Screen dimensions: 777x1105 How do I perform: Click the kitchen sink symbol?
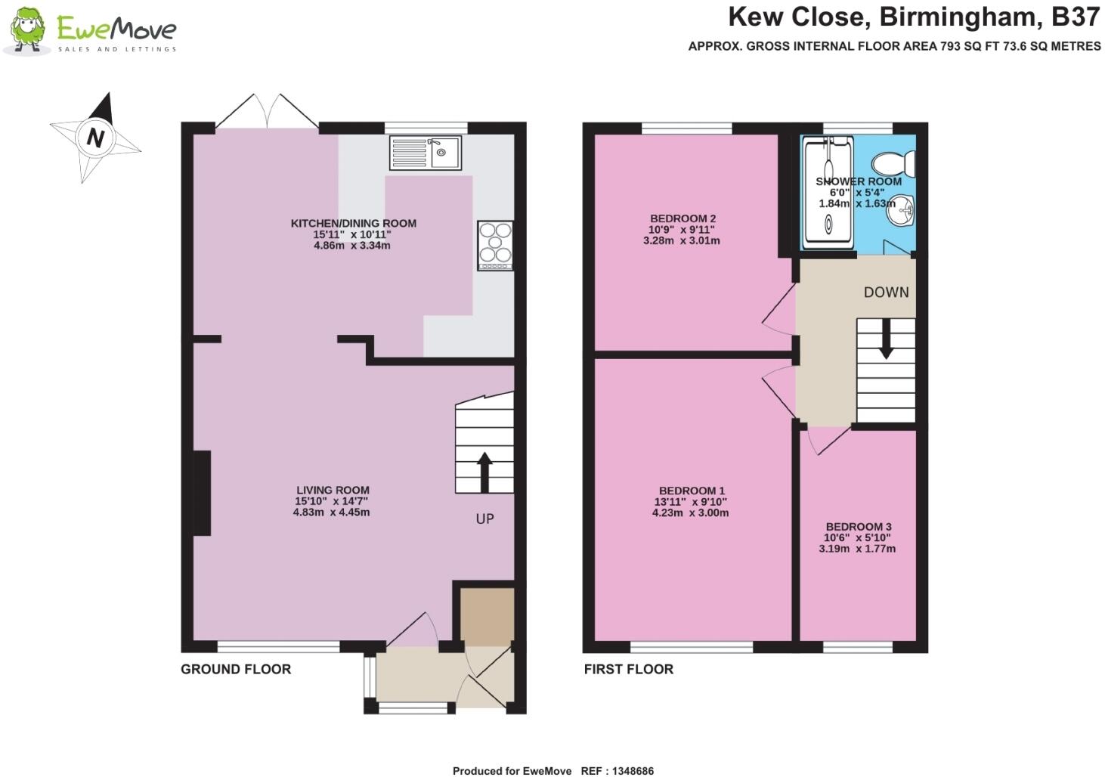(x=425, y=153)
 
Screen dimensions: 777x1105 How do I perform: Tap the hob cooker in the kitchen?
(x=495, y=245)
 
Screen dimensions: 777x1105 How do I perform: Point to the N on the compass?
(x=95, y=138)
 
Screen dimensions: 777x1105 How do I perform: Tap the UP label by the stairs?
(x=484, y=519)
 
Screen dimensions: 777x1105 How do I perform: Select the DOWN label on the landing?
(x=886, y=293)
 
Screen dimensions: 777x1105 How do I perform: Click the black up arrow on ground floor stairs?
(x=484, y=472)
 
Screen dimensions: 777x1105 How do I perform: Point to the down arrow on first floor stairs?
(x=885, y=339)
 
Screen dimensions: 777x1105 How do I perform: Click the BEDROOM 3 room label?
(x=858, y=527)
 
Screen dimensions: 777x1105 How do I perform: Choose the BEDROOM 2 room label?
(x=682, y=218)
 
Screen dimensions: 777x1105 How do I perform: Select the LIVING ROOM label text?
(x=333, y=490)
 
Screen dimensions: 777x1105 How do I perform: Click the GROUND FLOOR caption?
(x=236, y=669)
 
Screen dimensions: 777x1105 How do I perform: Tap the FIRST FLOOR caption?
(x=628, y=669)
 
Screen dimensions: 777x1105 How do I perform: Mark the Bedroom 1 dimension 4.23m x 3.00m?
(x=690, y=512)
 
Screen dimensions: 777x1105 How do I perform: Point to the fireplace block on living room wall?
(x=202, y=493)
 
